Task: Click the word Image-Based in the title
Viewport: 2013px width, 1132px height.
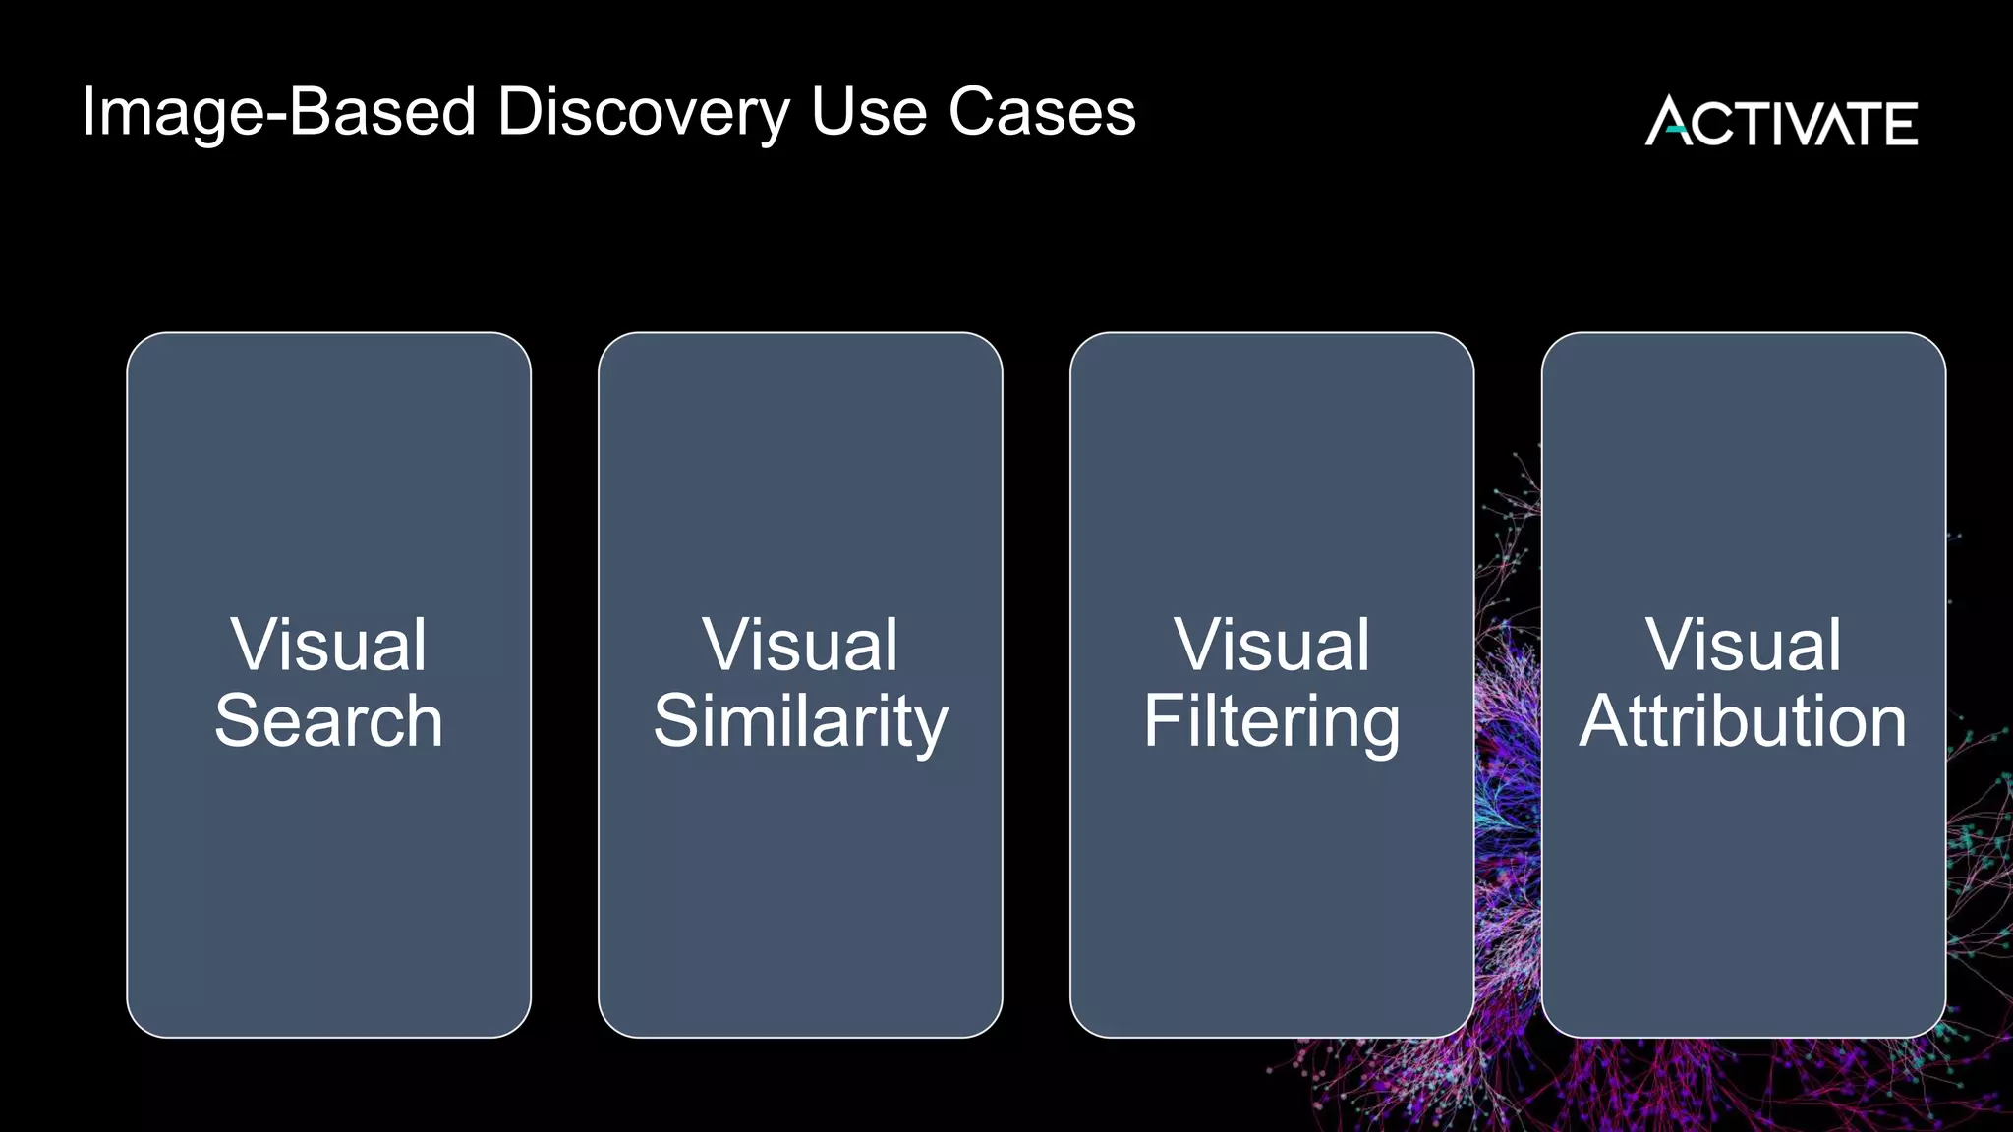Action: [279, 113]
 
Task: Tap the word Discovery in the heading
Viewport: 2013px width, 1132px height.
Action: [644, 113]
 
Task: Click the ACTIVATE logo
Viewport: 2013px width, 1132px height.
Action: [1781, 122]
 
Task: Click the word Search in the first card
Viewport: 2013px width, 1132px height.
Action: [328, 721]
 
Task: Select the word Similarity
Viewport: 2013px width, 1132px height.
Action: [800, 721]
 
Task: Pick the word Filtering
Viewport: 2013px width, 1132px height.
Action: [1271, 721]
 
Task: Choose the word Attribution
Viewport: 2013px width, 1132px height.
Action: [1743, 721]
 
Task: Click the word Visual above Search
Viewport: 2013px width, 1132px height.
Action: [328, 646]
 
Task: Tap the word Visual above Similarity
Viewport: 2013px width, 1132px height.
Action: [800, 646]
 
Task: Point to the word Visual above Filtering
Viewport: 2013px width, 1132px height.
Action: [1271, 646]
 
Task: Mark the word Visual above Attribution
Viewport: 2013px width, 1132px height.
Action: [1743, 646]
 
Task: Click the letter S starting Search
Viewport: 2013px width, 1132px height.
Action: [236, 721]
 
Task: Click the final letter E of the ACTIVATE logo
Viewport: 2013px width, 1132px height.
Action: [1900, 124]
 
